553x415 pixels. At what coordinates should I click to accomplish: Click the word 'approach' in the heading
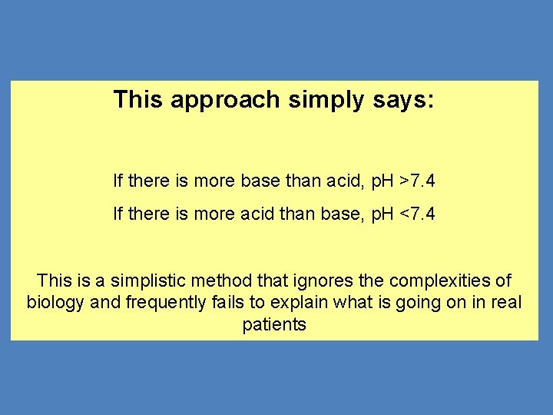[227, 100]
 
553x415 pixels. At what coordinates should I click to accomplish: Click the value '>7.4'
[417, 182]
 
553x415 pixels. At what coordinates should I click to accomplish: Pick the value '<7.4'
[417, 214]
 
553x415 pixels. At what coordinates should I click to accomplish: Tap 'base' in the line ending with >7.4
[261, 182]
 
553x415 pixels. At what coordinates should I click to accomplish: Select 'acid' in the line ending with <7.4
[261, 214]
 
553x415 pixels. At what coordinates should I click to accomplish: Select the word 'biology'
[55, 303]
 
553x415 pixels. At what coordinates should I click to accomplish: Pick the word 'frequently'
[165, 303]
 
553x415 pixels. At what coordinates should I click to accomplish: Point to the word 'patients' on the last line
[274, 325]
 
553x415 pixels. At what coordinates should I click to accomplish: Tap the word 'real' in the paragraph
[505, 303]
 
